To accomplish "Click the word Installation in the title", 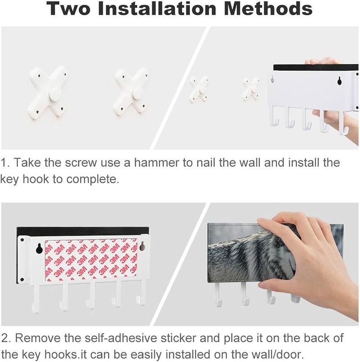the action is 157,9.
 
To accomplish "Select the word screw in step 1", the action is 81,163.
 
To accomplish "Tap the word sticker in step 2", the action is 178,338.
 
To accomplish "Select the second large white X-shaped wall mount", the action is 130,91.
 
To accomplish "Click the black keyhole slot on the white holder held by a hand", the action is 339,80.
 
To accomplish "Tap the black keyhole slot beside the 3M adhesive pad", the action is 39,249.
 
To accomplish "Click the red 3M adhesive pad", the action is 91,260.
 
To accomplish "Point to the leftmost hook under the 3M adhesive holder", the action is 36,299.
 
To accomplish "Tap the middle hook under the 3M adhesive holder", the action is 91,295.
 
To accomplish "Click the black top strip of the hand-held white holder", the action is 315,68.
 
